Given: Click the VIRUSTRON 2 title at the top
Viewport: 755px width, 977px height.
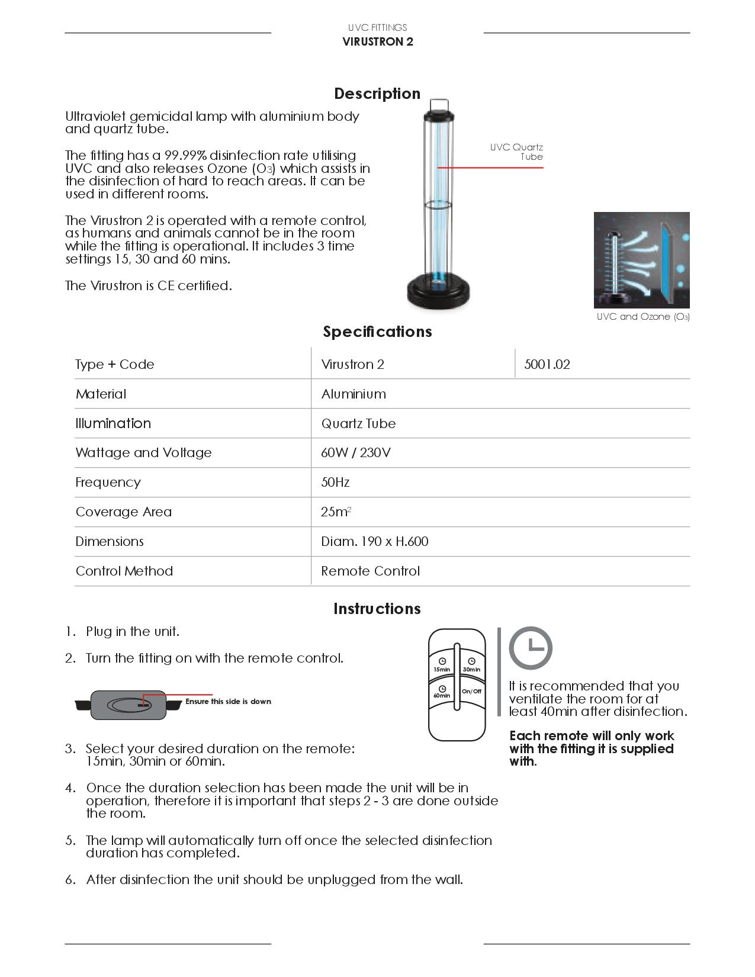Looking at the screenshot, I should point(377,41).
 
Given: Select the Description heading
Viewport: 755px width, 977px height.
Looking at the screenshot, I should point(377,94).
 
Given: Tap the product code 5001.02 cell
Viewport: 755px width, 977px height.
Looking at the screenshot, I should point(547,364).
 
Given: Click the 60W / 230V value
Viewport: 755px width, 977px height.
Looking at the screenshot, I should point(355,452).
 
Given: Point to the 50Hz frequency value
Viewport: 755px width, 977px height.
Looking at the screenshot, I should point(335,482).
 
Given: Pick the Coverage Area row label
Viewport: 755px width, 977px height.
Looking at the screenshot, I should point(123,512).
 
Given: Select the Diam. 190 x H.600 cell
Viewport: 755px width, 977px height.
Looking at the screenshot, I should point(374,541).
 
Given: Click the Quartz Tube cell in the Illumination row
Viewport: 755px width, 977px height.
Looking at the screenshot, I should point(358,423).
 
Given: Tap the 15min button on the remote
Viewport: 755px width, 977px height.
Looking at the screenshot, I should point(442,664).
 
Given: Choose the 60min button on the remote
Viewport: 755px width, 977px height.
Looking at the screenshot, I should point(442,692).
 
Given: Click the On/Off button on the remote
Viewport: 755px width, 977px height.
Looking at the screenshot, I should point(471,691).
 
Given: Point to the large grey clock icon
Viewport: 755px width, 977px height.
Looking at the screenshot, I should point(531,648).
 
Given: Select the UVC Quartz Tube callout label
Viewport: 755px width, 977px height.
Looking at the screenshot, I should point(516,152).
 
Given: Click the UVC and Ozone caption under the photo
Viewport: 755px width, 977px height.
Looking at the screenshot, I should point(642,317).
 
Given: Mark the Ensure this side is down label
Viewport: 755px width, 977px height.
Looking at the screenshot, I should point(228,701).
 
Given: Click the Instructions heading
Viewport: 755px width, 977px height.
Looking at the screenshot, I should point(377,609).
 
